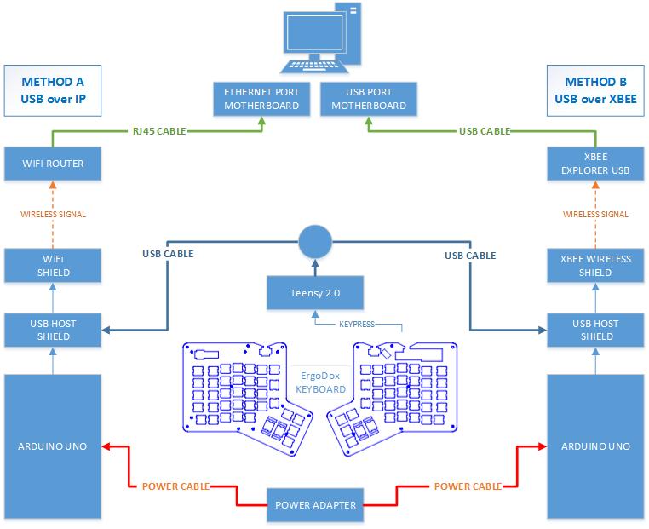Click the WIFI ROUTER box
[54, 163]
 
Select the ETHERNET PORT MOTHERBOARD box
[261, 99]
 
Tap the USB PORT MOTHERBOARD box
[368, 99]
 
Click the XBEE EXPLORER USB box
[595, 163]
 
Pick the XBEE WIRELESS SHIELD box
[595, 266]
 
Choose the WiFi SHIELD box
[54, 266]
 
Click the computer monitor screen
[314, 33]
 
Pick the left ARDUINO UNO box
[54, 446]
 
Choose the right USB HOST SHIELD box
[595, 330]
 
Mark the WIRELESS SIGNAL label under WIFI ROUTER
[54, 214]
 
